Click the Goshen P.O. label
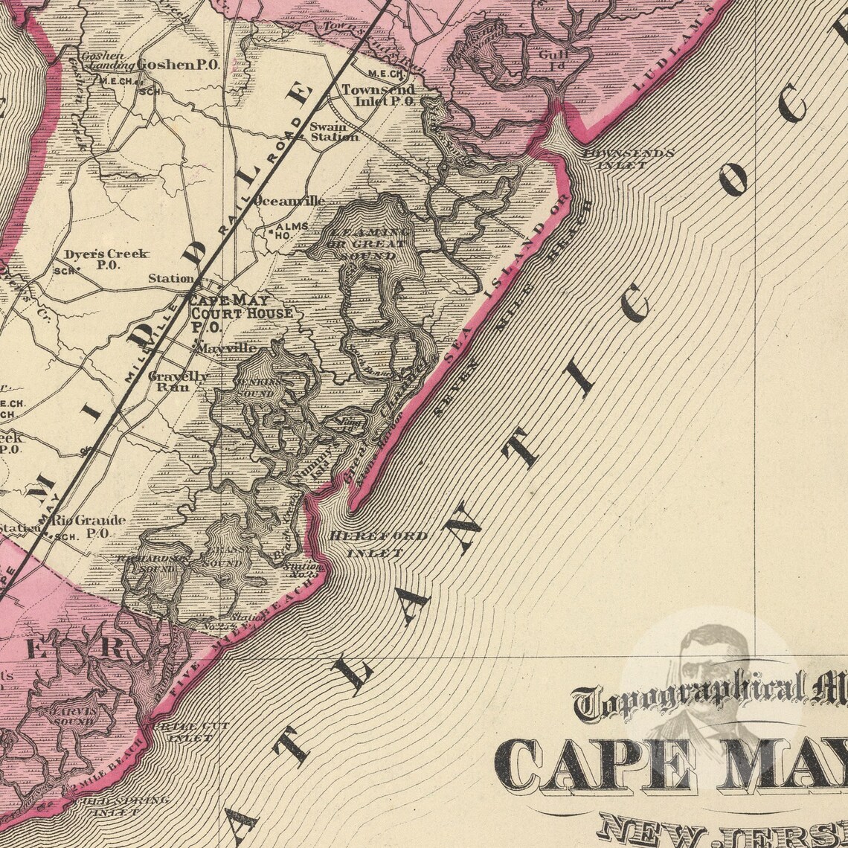tap(178, 65)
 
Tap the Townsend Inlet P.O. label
tap(377, 95)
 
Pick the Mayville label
tap(225, 348)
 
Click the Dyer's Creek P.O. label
tap(106, 259)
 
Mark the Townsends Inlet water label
tap(628, 159)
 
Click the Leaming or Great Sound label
tap(363, 244)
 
